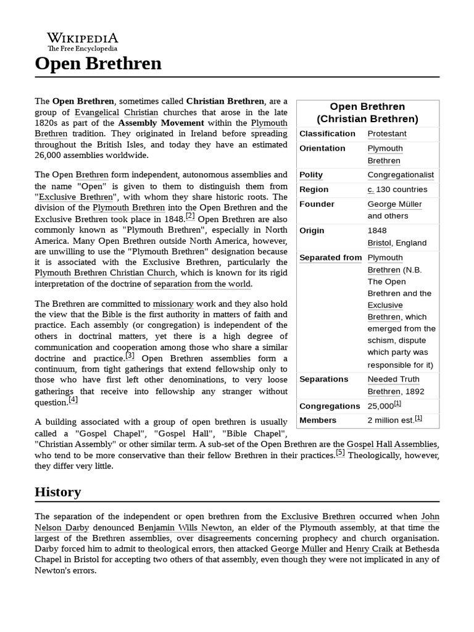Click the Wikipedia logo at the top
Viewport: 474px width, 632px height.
coord(83,41)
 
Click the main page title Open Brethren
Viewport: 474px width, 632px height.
coord(98,64)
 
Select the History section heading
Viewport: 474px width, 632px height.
coord(57,492)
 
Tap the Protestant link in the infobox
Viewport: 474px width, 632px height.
coord(387,134)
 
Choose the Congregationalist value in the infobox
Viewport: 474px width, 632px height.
coord(401,175)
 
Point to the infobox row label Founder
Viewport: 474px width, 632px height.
coord(317,204)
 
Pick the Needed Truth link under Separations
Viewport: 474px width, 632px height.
coord(393,380)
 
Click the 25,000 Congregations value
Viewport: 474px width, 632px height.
coord(380,406)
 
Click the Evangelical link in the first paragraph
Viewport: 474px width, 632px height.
coord(97,112)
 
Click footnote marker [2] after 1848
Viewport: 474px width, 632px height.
coord(190,216)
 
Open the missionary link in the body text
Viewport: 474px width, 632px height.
coord(173,304)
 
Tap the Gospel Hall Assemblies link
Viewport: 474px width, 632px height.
coord(392,444)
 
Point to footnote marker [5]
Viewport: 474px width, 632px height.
coord(340,453)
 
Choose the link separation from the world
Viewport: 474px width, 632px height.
coord(202,284)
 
